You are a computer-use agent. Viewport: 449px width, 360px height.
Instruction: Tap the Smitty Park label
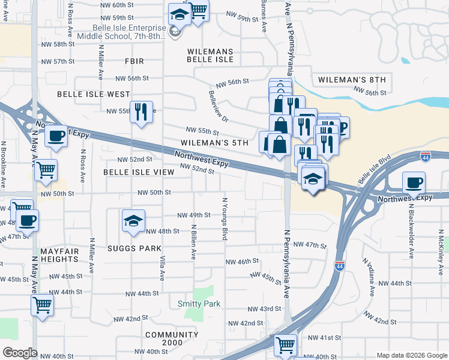point(199,304)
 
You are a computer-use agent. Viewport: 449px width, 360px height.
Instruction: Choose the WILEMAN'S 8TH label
point(351,79)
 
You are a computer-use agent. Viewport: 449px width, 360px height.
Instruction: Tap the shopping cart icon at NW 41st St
point(285,345)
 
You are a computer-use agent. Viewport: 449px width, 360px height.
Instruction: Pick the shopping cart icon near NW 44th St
point(42,305)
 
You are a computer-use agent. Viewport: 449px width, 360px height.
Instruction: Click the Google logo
point(19,353)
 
